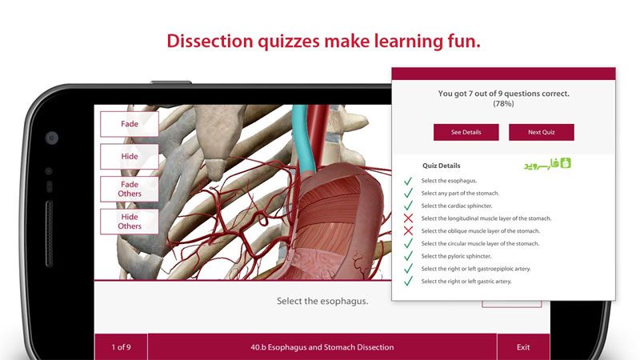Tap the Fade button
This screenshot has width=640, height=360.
130,124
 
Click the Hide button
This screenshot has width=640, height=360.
130,156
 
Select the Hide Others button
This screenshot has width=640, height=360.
130,222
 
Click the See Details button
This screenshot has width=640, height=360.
466,132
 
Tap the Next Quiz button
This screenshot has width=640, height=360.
542,132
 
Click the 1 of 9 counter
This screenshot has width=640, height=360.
122,347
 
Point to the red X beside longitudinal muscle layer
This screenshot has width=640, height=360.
408,218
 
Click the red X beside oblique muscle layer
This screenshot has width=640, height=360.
408,231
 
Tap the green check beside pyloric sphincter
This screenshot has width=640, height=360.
408,256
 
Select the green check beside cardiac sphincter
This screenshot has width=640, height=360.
408,206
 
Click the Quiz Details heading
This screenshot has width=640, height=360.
442,166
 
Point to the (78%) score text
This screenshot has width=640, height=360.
503,104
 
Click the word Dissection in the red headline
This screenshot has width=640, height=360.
210,42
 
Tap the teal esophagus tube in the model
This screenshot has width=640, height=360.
304,138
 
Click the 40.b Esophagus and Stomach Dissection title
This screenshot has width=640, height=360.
322,347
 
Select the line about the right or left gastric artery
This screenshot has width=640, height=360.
466,282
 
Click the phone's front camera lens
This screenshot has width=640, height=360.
52,138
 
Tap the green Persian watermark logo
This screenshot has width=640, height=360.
547,164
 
